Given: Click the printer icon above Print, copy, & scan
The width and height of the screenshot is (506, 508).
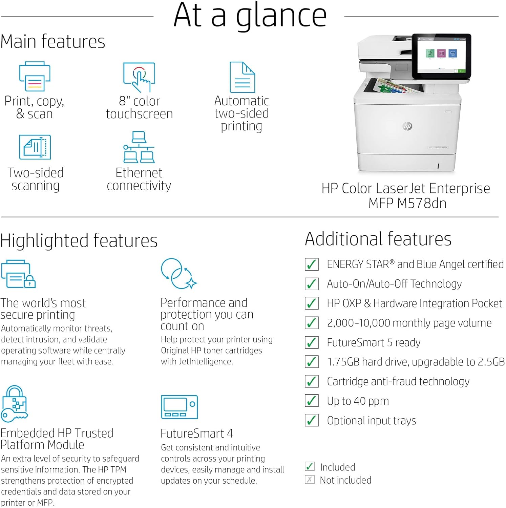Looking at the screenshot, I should (x=35, y=76).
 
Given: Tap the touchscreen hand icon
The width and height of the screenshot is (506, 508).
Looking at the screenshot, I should (x=139, y=77).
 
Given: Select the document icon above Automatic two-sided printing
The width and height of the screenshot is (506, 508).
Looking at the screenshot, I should (x=242, y=77).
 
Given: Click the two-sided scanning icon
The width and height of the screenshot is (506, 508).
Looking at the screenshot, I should (x=35, y=147).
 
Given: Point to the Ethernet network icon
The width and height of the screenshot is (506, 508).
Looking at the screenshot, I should (x=139, y=147).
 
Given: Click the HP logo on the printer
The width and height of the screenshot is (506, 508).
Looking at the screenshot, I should (x=407, y=126).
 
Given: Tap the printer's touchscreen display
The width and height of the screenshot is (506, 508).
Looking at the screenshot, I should (x=442, y=56).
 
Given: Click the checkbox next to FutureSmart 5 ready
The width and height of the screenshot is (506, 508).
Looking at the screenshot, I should (x=312, y=342).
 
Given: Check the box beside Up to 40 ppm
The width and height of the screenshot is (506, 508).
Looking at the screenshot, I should (x=312, y=401).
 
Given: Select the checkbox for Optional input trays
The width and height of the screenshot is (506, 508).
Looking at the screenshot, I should (x=312, y=420).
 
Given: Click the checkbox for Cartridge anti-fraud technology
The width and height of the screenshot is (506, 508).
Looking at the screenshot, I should (x=312, y=381).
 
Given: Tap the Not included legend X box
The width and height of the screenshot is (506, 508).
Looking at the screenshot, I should (x=310, y=480).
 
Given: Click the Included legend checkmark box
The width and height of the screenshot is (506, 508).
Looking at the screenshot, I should (x=310, y=467).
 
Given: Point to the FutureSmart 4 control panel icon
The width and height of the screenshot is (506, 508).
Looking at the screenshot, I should (x=179, y=407).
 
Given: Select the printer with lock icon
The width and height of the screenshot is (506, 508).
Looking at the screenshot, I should (x=18, y=274).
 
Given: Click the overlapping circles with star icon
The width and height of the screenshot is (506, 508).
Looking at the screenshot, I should (x=178, y=274).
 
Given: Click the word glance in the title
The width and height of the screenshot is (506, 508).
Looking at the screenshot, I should (x=281, y=16).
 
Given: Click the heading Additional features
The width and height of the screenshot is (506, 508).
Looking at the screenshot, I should (x=378, y=239).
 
